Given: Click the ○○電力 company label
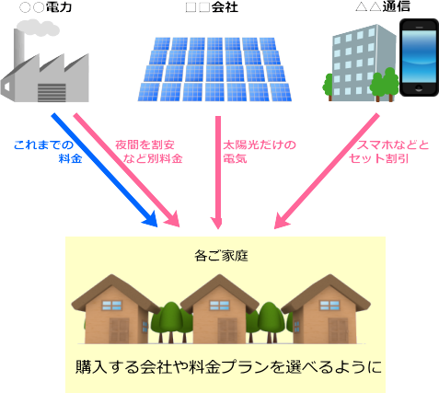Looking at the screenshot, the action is coord(45,7).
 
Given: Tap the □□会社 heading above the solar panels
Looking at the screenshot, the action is coord(212,7).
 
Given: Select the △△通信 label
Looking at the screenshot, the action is coord(383,6).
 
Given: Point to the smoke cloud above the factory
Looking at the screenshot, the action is coord(38,28).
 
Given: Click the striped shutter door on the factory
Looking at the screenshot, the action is coord(52,92).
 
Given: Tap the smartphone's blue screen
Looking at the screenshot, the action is coord(419,56).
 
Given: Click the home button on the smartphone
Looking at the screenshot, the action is coord(419,89).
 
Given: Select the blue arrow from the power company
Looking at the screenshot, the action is coord(104,170).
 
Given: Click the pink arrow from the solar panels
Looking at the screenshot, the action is coord(218,172).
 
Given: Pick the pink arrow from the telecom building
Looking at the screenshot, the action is coord(327,171).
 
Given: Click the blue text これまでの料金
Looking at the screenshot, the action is coord(48,152).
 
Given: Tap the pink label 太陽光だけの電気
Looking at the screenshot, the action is coord(260,152).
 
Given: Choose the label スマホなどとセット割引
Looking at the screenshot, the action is coord(389,152).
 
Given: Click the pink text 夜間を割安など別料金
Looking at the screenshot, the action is coord(149,152).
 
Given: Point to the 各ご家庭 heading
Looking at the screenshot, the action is coord(221,256).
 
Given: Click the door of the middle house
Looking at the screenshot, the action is coord(227,330).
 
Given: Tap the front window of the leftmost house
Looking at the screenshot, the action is coord(112,306).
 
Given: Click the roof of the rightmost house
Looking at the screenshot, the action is coord(326,292).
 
